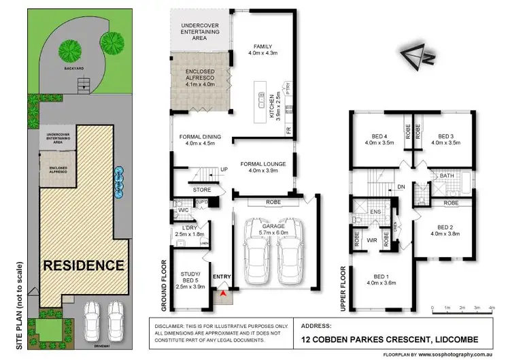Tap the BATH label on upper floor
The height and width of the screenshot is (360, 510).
click(x=447, y=176)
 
